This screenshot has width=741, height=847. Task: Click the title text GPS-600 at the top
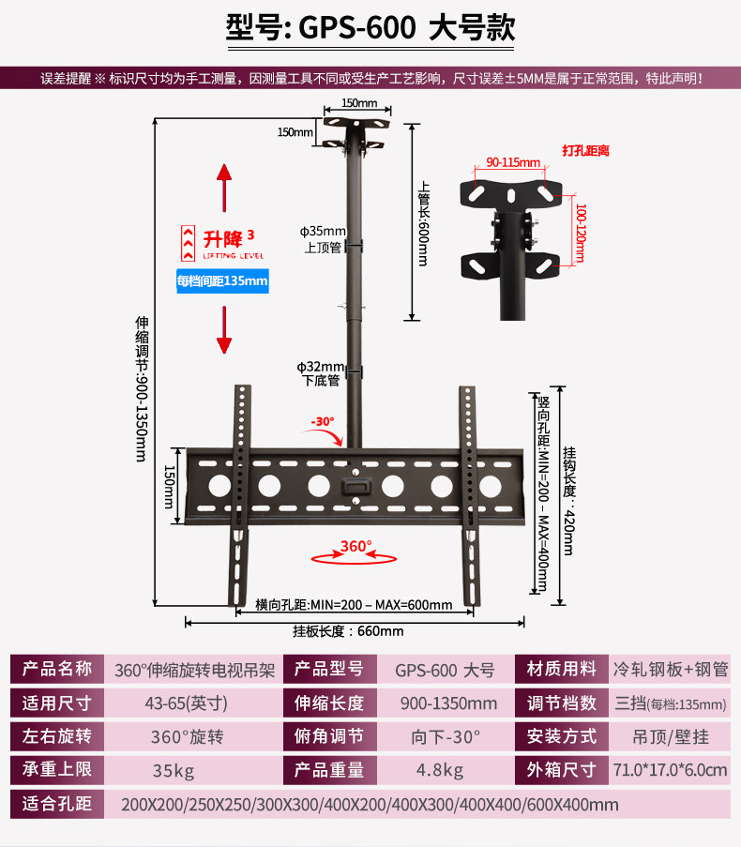(357, 27)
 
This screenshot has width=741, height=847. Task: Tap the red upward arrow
(224, 188)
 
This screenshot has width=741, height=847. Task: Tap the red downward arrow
(224, 329)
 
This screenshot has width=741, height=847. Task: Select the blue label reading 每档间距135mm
(222, 280)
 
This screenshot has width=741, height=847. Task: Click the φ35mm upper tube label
(323, 239)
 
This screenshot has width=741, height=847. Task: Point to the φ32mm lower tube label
(321, 374)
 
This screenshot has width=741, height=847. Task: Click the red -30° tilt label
(323, 421)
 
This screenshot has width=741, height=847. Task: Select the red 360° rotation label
(355, 546)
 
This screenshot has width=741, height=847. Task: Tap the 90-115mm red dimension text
(513, 162)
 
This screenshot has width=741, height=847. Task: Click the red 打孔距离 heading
(586, 151)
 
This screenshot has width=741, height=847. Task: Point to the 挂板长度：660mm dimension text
(348, 631)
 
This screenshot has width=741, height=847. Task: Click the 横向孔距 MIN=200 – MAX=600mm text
(354, 605)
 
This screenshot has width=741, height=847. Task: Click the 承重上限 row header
(56, 770)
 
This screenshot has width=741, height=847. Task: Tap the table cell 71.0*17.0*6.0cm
(670, 770)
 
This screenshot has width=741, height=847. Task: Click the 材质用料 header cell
(562, 670)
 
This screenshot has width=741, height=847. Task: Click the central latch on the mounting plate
(355, 487)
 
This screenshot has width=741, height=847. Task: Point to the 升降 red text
(223, 239)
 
